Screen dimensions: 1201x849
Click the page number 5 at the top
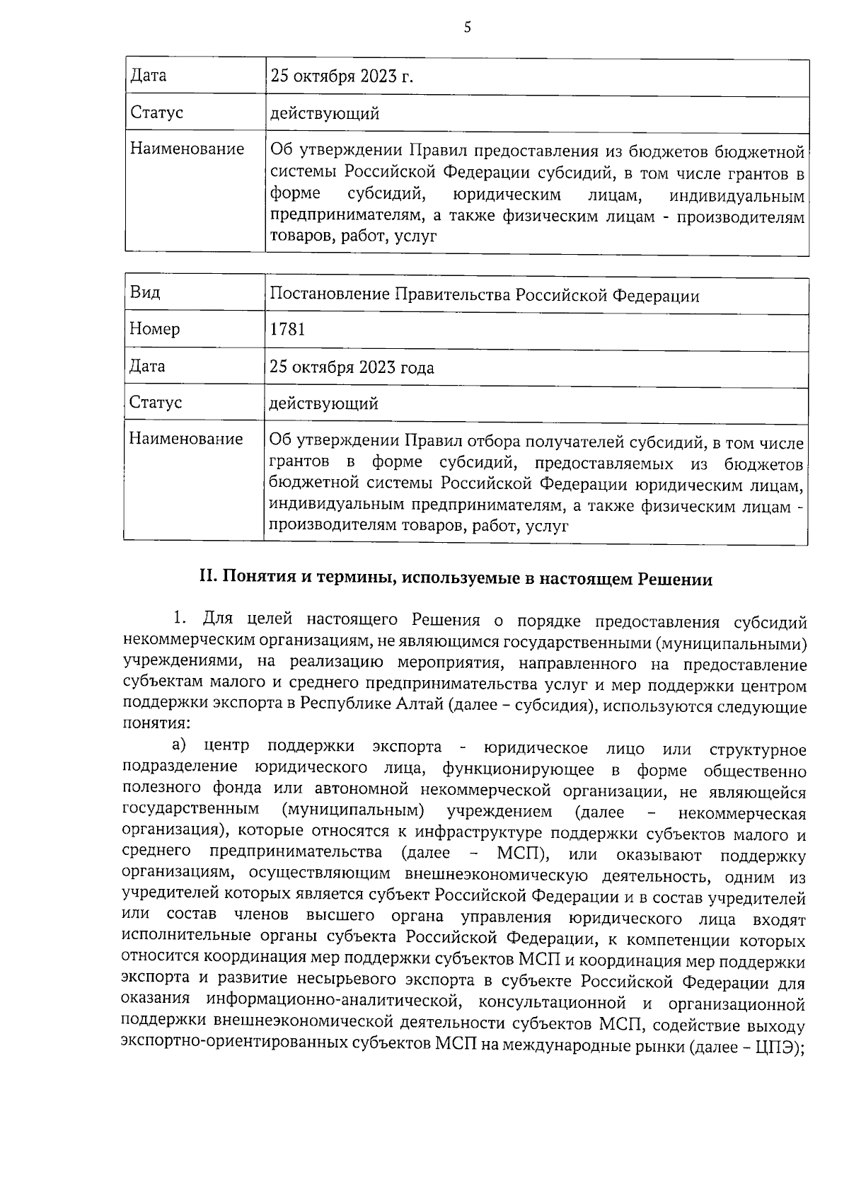click(467, 28)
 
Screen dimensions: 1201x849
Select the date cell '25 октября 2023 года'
click(352, 367)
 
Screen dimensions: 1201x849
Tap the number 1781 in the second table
click(287, 330)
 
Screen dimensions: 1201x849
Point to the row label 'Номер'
click(154, 329)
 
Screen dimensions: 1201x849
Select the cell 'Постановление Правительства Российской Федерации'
click(485, 296)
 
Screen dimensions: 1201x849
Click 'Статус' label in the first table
click(156, 113)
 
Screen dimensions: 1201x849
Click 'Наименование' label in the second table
click(185, 439)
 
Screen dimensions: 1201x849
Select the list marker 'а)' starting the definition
click(178, 745)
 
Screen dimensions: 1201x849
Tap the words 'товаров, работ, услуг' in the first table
click(353, 237)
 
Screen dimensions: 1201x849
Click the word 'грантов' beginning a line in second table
click(299, 463)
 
